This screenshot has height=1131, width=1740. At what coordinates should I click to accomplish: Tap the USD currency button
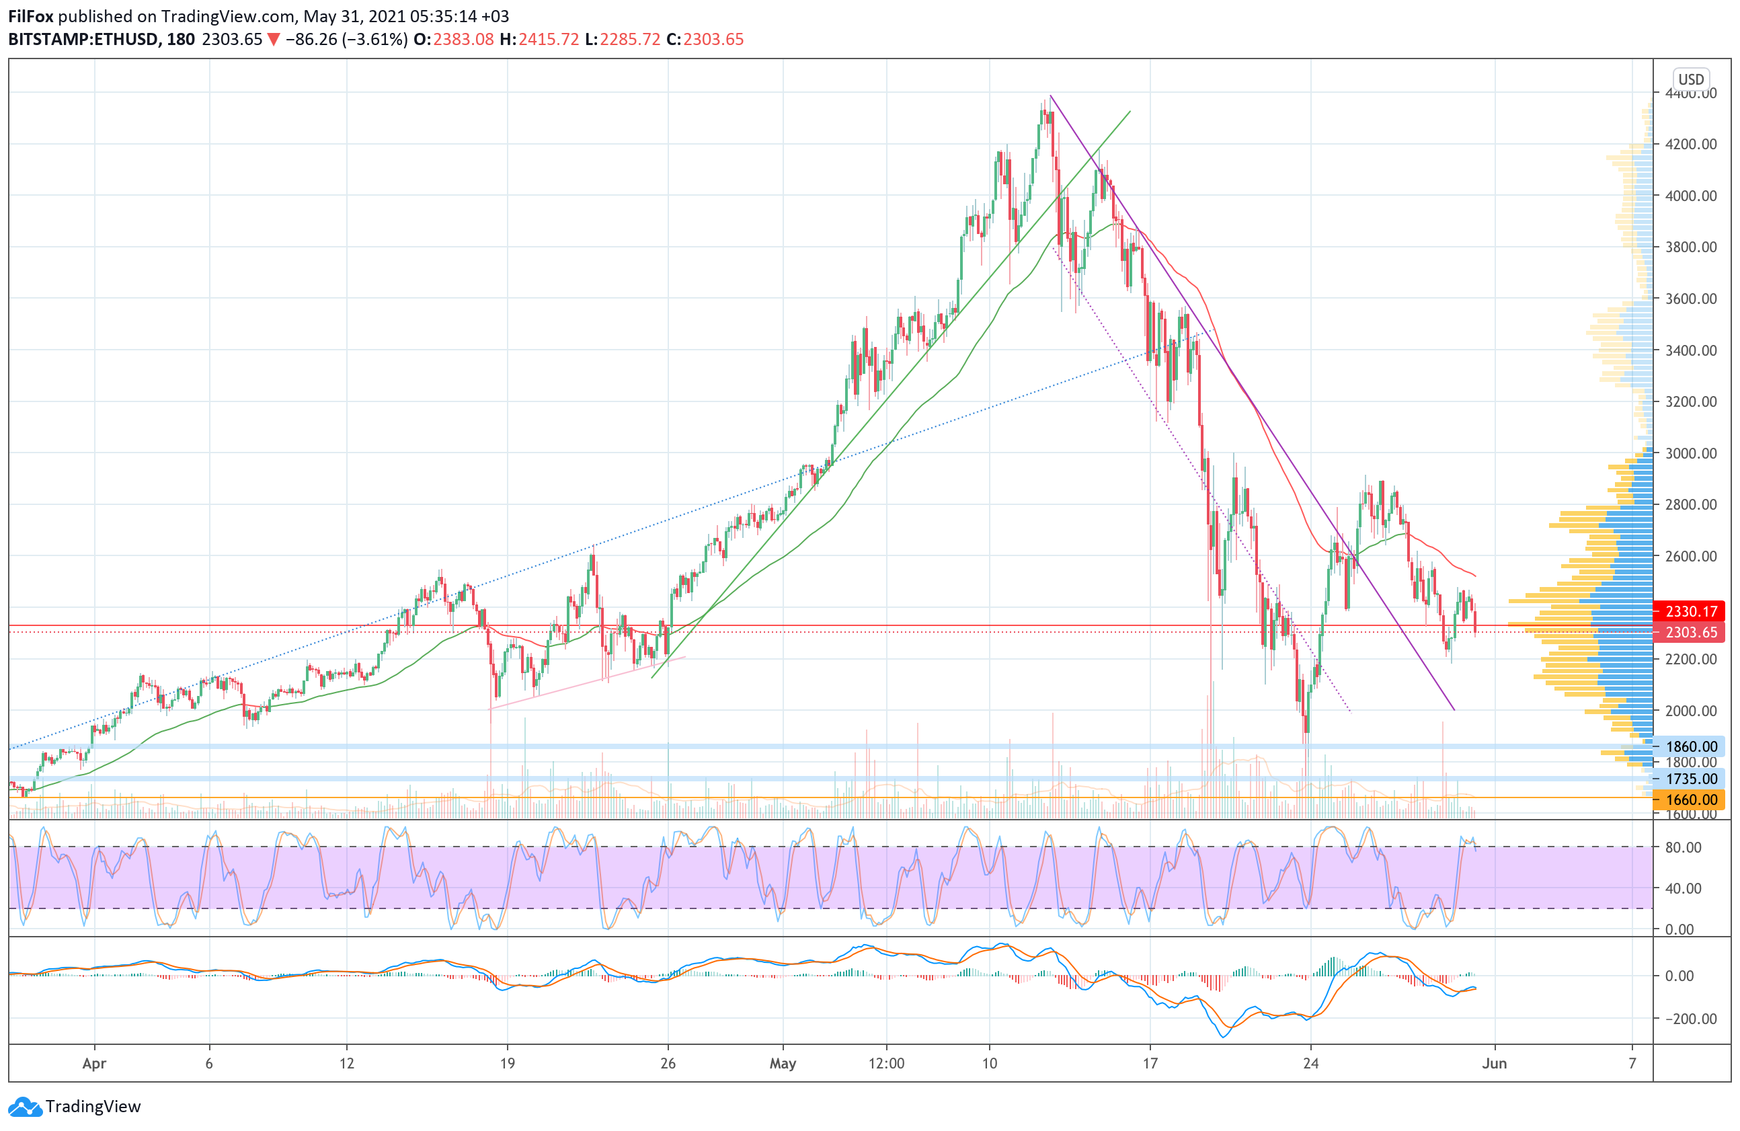coord(1690,79)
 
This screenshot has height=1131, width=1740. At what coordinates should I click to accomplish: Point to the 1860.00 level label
coord(1690,746)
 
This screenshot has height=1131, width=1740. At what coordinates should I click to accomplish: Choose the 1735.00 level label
coord(1690,779)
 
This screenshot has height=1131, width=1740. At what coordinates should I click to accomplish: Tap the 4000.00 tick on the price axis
coord(1690,195)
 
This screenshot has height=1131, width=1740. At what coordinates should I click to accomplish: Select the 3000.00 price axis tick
coord(1690,453)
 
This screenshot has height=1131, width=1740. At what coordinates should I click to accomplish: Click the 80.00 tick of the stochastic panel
coord(1682,847)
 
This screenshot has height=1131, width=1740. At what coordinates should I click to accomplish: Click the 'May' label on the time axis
coord(783,1063)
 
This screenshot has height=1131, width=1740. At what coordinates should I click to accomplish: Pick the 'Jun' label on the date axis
coord(1494,1063)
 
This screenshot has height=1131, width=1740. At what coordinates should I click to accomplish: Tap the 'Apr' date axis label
coord(94,1063)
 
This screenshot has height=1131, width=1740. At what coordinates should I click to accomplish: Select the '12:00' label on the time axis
coord(886,1063)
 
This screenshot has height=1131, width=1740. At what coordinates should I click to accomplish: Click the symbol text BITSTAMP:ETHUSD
coord(83,40)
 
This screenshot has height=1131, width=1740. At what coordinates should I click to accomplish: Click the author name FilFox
coord(31,16)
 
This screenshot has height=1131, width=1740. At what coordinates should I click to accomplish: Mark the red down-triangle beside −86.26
coord(274,40)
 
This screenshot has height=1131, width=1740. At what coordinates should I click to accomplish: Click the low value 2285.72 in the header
coord(629,40)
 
